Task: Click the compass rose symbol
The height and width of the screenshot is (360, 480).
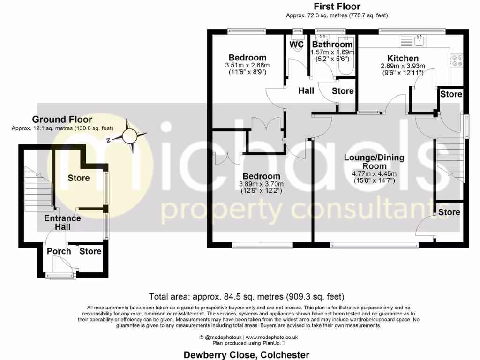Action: click(x=131, y=136)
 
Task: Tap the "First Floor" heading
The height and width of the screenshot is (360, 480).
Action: click(x=337, y=7)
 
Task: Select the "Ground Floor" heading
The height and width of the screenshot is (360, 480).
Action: click(x=62, y=120)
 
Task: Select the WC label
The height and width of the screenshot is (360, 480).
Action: click(x=297, y=45)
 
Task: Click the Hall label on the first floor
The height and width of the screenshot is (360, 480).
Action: click(x=306, y=91)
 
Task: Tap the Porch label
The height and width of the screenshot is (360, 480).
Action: click(x=59, y=251)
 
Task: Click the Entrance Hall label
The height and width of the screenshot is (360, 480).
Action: click(x=62, y=223)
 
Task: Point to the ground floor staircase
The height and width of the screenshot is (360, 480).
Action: click(x=38, y=187)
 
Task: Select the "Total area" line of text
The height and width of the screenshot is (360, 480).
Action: click(x=246, y=296)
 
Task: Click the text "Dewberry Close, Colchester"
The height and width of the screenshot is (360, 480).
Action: click(x=246, y=355)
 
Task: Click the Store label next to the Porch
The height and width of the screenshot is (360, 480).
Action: click(x=90, y=251)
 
